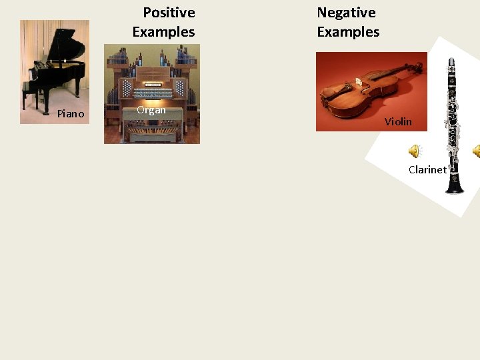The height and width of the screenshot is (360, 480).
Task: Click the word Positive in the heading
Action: [x=169, y=13]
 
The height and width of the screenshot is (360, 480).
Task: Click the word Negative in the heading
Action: [x=346, y=13]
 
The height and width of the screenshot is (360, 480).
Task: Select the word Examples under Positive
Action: [x=163, y=32]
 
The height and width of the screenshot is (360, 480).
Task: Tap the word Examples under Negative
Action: [x=348, y=32]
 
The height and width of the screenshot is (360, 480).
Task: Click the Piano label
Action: [x=71, y=114]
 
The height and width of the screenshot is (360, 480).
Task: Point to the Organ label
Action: [x=151, y=110]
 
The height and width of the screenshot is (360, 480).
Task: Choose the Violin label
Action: [x=398, y=122]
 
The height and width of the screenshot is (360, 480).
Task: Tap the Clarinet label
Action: [x=427, y=170]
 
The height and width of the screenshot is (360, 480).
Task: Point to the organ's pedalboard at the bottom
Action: [x=151, y=133]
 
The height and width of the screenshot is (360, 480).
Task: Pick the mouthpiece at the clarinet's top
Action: [x=451, y=63]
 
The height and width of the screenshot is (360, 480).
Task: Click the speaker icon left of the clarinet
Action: [x=415, y=151]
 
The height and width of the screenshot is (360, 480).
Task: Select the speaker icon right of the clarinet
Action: [x=476, y=151]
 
